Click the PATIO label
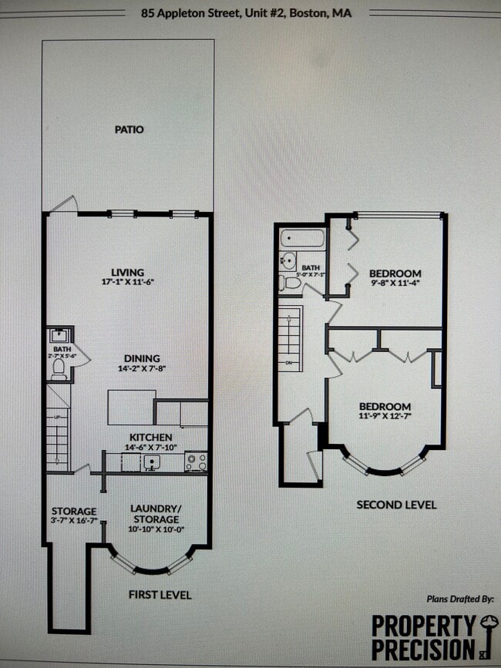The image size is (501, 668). tap(128, 129)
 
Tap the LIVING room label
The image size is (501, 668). tap(128, 272)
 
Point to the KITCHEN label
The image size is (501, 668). tap(151, 437)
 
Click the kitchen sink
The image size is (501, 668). tap(152, 462)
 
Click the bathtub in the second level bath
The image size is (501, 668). tap(301, 238)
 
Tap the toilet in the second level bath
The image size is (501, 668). tap(292, 283)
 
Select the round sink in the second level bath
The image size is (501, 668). tap(288, 260)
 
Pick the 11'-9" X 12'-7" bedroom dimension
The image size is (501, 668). tap(384, 417)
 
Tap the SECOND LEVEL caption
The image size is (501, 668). tap(396, 505)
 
